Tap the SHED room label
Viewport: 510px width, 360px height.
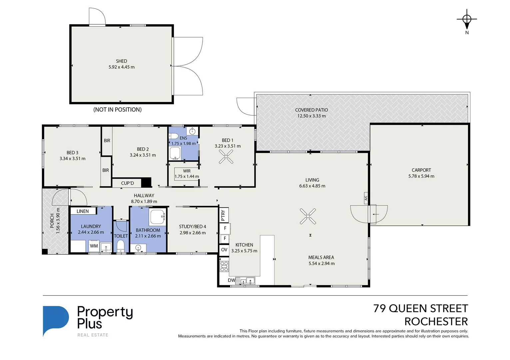pos(121,61)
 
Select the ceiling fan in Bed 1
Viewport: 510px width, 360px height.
pos(226,156)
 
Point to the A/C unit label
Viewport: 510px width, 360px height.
pos(365,198)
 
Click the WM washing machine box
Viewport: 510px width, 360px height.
pos(94,246)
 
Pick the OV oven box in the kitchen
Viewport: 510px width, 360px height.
pos(224,250)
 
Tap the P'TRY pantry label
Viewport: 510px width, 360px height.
pos(223,215)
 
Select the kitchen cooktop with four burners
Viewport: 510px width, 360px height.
pos(224,267)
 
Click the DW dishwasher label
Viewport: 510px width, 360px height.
pos(231,280)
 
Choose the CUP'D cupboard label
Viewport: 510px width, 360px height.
pos(127,183)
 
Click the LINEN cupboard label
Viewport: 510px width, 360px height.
pos(83,211)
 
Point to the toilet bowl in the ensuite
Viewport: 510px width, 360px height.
pos(174,136)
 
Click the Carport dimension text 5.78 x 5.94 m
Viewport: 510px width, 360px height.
pos(421,176)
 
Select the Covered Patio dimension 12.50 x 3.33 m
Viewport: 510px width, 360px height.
pos(311,116)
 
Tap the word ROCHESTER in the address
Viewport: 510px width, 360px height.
pos(436,322)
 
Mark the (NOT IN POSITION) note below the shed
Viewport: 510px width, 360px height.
pos(117,109)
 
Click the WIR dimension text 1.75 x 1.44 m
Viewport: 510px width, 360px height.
pos(187,176)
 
